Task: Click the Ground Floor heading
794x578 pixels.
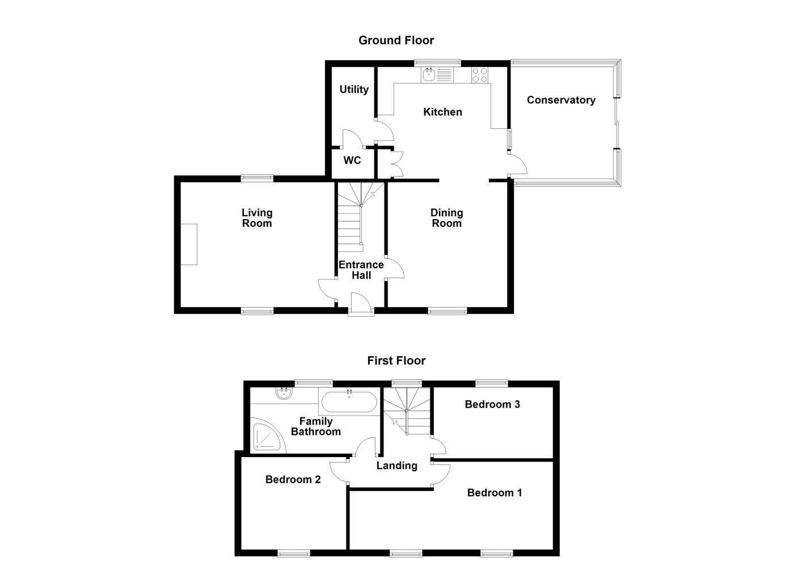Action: pos(396,40)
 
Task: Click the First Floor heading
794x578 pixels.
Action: pos(396,361)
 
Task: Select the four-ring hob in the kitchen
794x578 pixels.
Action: pos(480,74)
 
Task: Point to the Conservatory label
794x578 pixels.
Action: pos(561,100)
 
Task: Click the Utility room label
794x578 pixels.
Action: pos(354,89)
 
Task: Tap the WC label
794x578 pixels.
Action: pos(352,161)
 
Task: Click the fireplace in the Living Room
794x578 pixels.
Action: pos(189,244)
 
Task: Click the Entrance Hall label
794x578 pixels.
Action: pos(361,270)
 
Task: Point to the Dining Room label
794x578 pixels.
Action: pos(447,218)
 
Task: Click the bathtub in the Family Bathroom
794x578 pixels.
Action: pos(349,402)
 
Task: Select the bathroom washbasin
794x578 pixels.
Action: pos(284,393)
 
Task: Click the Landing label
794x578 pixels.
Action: pos(397,466)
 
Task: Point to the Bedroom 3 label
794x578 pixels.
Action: pos(492,404)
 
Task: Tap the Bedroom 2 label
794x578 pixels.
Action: pos(293,480)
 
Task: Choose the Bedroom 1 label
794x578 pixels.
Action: pos(495,493)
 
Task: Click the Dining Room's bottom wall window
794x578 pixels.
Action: pos(447,311)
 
